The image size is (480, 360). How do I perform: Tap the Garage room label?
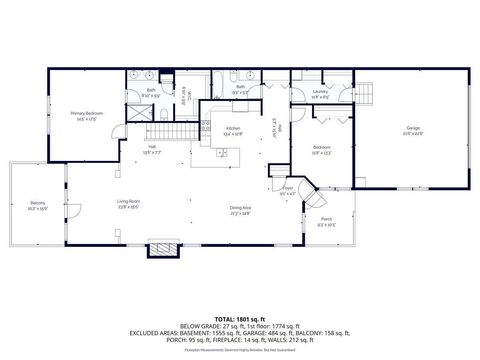pyautogui.click(x=413, y=129)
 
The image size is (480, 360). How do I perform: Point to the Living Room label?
pyautogui.click(x=129, y=204)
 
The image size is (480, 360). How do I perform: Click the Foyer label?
pyautogui.click(x=287, y=187)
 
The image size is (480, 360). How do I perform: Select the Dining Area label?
pyautogui.click(x=240, y=209)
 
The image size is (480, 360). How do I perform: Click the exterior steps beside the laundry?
pyautogui.click(x=367, y=93)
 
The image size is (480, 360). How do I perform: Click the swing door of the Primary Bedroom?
pyautogui.click(x=118, y=129)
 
